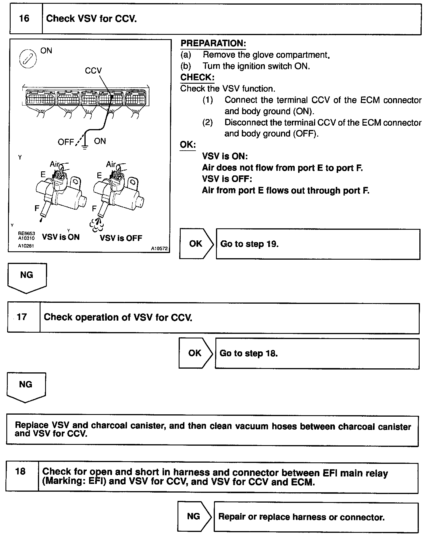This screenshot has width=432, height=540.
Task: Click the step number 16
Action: (x=24, y=19)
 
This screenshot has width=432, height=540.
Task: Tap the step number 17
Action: (x=22, y=317)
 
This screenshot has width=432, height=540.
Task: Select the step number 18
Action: (x=20, y=471)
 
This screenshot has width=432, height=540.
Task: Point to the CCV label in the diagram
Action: (x=93, y=71)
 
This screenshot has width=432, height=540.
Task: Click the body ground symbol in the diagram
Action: (x=85, y=147)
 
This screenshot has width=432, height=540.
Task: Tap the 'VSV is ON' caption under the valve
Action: (x=61, y=237)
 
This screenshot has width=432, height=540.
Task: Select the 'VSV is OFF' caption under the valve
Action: (x=121, y=238)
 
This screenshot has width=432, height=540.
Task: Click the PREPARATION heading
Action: (x=213, y=43)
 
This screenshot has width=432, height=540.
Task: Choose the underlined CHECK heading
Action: (x=197, y=77)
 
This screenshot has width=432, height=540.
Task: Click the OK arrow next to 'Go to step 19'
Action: (x=196, y=244)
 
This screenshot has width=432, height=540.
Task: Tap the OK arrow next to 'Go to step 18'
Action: (x=195, y=353)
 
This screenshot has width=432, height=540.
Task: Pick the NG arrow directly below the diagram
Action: (x=27, y=277)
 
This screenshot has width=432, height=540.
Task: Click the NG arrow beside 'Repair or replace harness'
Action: (x=194, y=516)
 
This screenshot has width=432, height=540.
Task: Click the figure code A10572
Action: (x=159, y=248)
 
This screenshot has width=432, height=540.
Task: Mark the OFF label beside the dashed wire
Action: (x=66, y=142)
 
